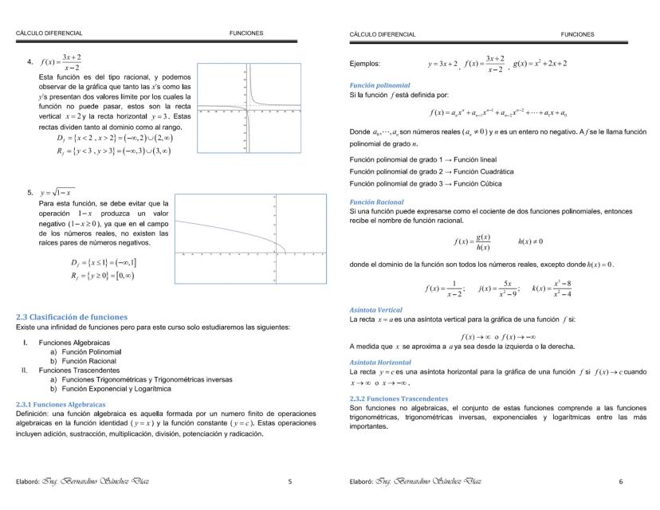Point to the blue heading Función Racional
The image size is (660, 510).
[377, 202]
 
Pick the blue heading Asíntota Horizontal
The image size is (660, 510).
[379, 362]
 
